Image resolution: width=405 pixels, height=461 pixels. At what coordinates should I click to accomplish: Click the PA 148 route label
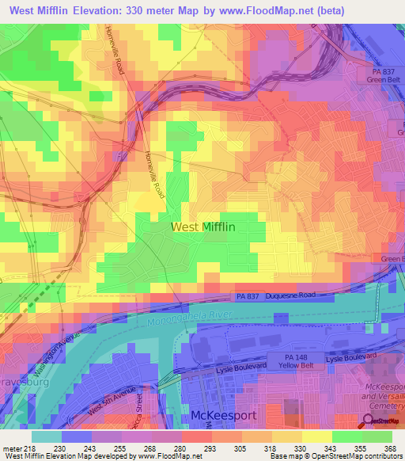[301, 357]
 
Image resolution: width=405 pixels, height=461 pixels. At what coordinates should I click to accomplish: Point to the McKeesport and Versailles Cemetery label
[383, 393]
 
